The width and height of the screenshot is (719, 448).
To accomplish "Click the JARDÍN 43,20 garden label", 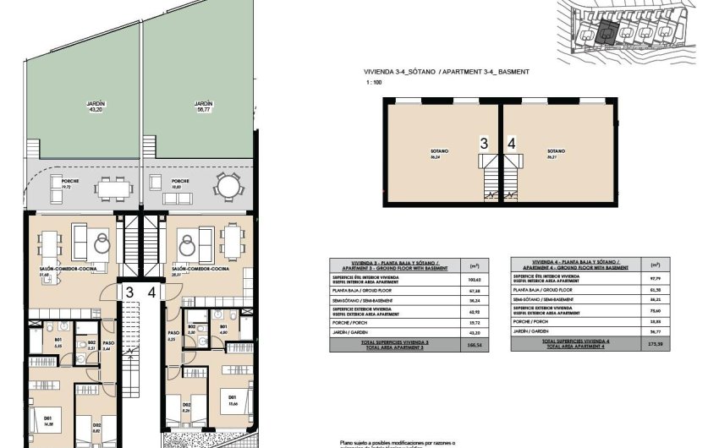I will point(95,107).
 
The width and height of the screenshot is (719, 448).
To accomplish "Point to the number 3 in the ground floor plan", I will point(129,292).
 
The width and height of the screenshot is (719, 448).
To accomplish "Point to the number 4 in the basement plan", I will point(512,144).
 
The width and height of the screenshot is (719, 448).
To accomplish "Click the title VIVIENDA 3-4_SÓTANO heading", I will point(398,73).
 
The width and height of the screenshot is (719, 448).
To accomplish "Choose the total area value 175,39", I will point(654,345).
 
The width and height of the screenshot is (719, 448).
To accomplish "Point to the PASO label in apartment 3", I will point(107,345).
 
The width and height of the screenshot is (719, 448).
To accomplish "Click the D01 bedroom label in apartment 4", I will point(229,394).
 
